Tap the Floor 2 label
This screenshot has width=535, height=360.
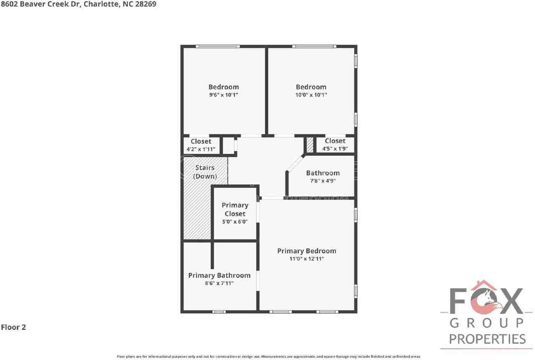(13, 327)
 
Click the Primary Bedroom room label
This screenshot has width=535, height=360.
(306, 251)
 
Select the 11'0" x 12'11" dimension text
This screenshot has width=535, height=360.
(306, 259)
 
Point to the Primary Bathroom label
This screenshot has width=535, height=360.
(219, 275)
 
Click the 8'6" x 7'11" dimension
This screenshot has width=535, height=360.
(219, 283)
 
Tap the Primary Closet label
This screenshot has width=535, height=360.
(235, 209)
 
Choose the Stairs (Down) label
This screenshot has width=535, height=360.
(205, 172)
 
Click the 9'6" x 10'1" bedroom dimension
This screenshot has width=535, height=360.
(224, 95)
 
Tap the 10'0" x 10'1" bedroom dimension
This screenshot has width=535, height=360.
(311, 95)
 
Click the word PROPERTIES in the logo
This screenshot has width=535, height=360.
(487, 339)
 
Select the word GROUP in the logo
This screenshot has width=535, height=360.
(487, 322)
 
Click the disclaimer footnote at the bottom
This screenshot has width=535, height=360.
(268, 357)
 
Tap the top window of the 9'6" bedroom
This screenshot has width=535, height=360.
(217, 46)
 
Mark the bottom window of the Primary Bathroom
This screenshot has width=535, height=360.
(219, 312)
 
